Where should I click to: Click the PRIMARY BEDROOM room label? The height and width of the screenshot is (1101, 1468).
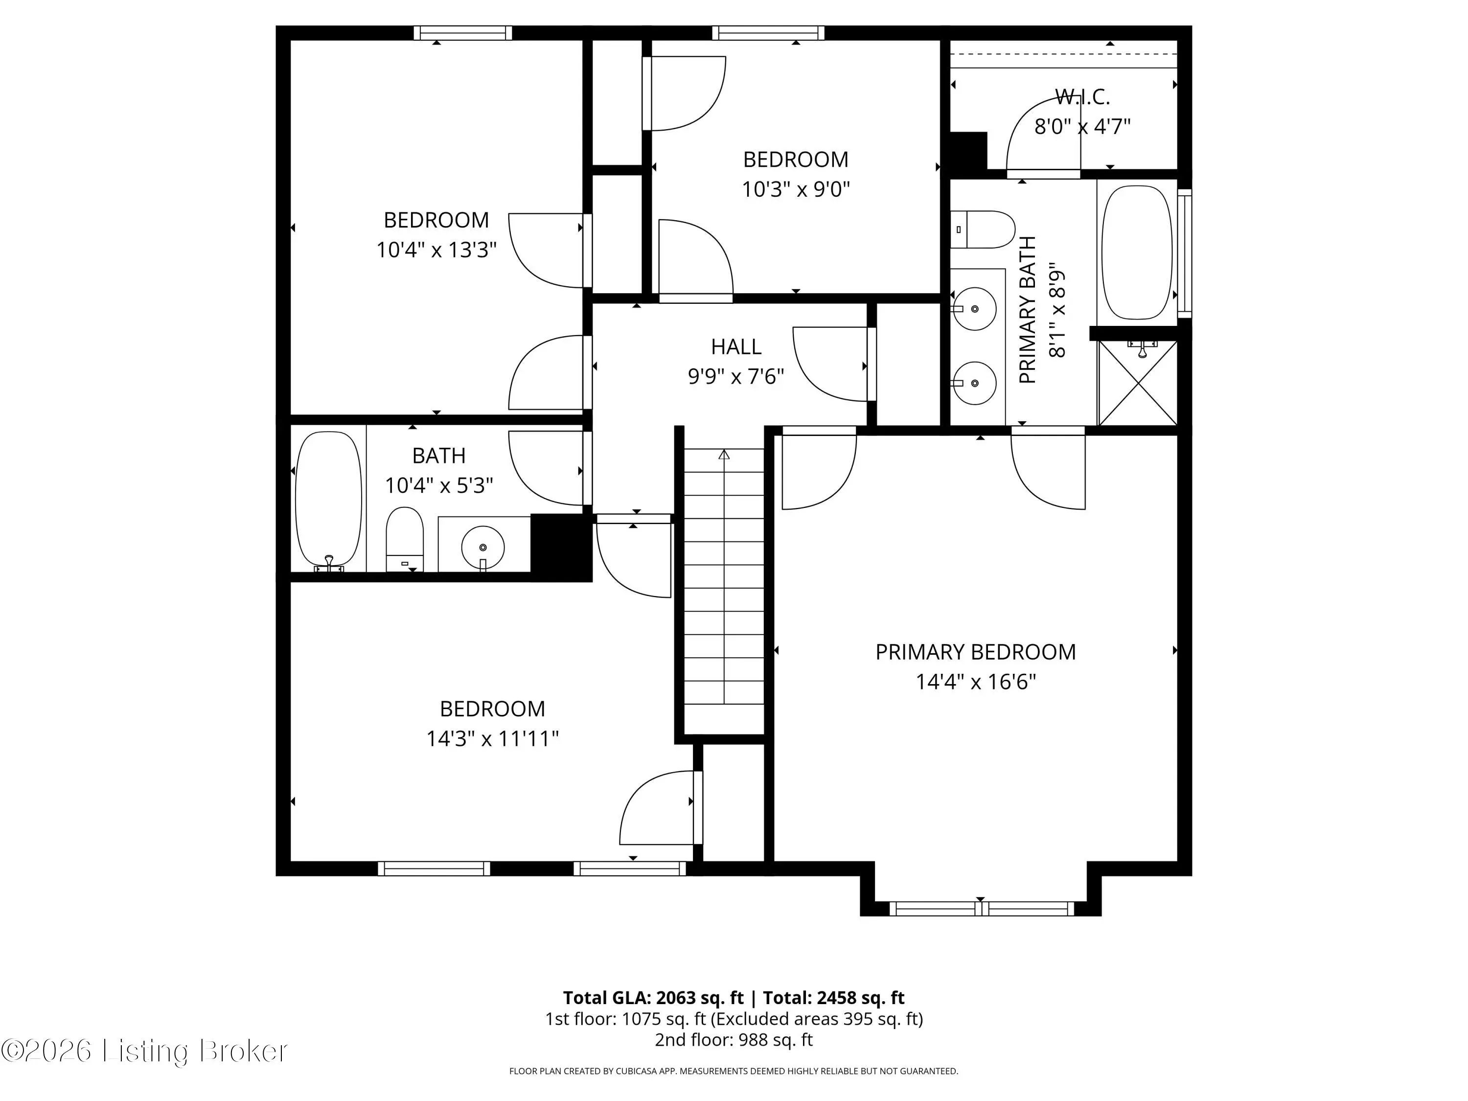[975, 652]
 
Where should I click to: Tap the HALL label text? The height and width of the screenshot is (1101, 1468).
[736, 346]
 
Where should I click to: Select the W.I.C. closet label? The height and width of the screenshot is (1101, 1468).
[1082, 97]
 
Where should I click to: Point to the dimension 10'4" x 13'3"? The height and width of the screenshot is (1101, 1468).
[436, 250]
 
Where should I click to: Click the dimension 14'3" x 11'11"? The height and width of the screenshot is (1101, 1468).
[492, 738]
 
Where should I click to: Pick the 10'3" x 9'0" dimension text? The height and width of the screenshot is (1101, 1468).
[796, 189]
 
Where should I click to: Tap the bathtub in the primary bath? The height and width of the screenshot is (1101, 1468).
[1136, 252]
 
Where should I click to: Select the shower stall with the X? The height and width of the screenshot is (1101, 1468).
[1138, 383]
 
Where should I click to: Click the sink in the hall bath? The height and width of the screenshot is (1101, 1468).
[482, 548]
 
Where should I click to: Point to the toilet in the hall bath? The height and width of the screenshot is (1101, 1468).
[405, 539]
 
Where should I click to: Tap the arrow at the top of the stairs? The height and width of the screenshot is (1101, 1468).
[724, 455]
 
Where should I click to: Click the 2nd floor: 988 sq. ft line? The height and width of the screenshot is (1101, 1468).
[734, 1040]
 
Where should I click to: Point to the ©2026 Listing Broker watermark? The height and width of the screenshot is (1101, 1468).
[145, 1051]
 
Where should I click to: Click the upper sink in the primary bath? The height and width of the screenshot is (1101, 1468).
[974, 309]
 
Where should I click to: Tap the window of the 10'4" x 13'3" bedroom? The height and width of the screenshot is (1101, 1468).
[462, 32]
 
